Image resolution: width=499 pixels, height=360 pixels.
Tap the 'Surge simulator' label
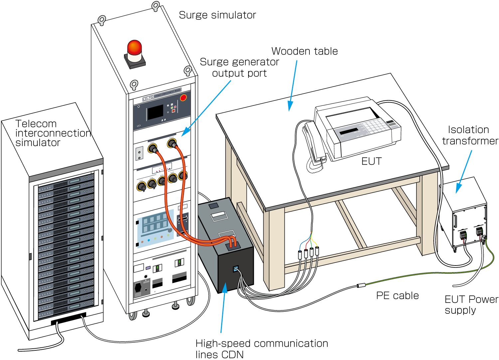pyautogui.click(x=217, y=15)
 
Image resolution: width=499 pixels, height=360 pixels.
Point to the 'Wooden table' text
pyautogui.click(x=304, y=51)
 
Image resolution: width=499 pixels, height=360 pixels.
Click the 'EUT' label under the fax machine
pyautogui.click(x=371, y=161)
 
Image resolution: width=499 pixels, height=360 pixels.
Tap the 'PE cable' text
pyautogui.click(x=397, y=295)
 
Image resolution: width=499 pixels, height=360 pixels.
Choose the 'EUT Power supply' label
pyautogui.click(x=471, y=304)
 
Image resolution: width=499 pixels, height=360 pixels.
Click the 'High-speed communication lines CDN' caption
pyautogui.click(x=261, y=349)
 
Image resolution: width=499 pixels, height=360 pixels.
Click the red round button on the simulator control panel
pyautogui.click(x=183, y=98)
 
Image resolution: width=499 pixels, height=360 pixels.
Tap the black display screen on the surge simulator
pyautogui.click(x=155, y=112)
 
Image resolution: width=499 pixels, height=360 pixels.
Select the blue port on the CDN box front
pyautogui.click(x=236, y=269)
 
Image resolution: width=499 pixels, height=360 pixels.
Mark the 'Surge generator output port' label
pyautogui.click(x=239, y=68)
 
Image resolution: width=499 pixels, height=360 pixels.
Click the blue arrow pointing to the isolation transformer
pyautogui.click(x=464, y=171)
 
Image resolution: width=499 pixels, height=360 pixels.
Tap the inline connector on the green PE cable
pyautogui.click(x=361, y=285)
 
